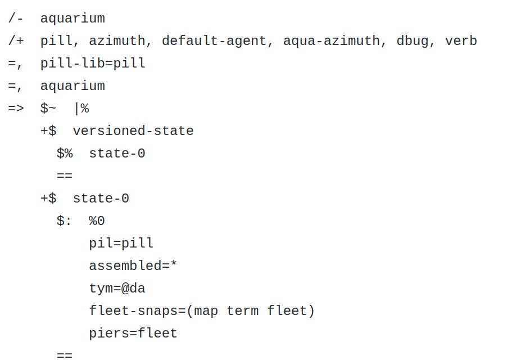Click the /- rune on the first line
[x=16, y=19]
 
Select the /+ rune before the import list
[x=16, y=41]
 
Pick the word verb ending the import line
[x=461, y=41]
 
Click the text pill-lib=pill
[x=93, y=64]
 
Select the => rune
[x=16, y=109]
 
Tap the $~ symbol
[x=48, y=109]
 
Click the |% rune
[x=81, y=109]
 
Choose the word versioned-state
[x=133, y=131]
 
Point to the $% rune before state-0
[x=65, y=154]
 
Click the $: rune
[x=65, y=221]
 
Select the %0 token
[x=97, y=221]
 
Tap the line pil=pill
[x=121, y=244]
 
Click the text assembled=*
[x=133, y=266]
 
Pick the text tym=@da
[x=117, y=289]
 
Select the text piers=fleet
[x=133, y=334]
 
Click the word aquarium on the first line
[x=73, y=19]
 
